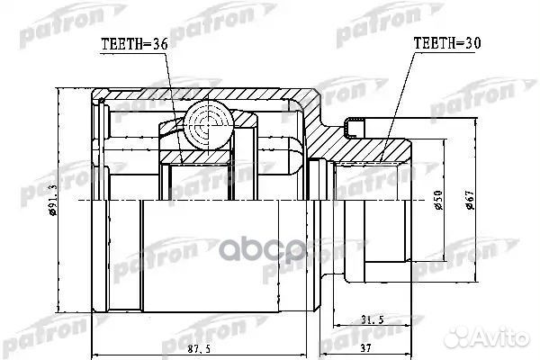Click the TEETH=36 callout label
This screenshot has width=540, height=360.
[x=134, y=44]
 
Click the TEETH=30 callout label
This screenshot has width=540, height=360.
[x=447, y=42]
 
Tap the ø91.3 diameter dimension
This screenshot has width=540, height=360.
[x=53, y=200]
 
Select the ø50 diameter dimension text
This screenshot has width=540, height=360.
[x=437, y=201]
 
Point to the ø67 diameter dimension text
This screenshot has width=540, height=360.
[x=470, y=200]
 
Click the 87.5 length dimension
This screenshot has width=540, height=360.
[x=199, y=348]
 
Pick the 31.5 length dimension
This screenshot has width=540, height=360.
[x=373, y=320]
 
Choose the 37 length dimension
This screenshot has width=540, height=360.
[x=365, y=348]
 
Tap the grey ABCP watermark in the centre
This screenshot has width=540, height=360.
[x=263, y=248]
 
